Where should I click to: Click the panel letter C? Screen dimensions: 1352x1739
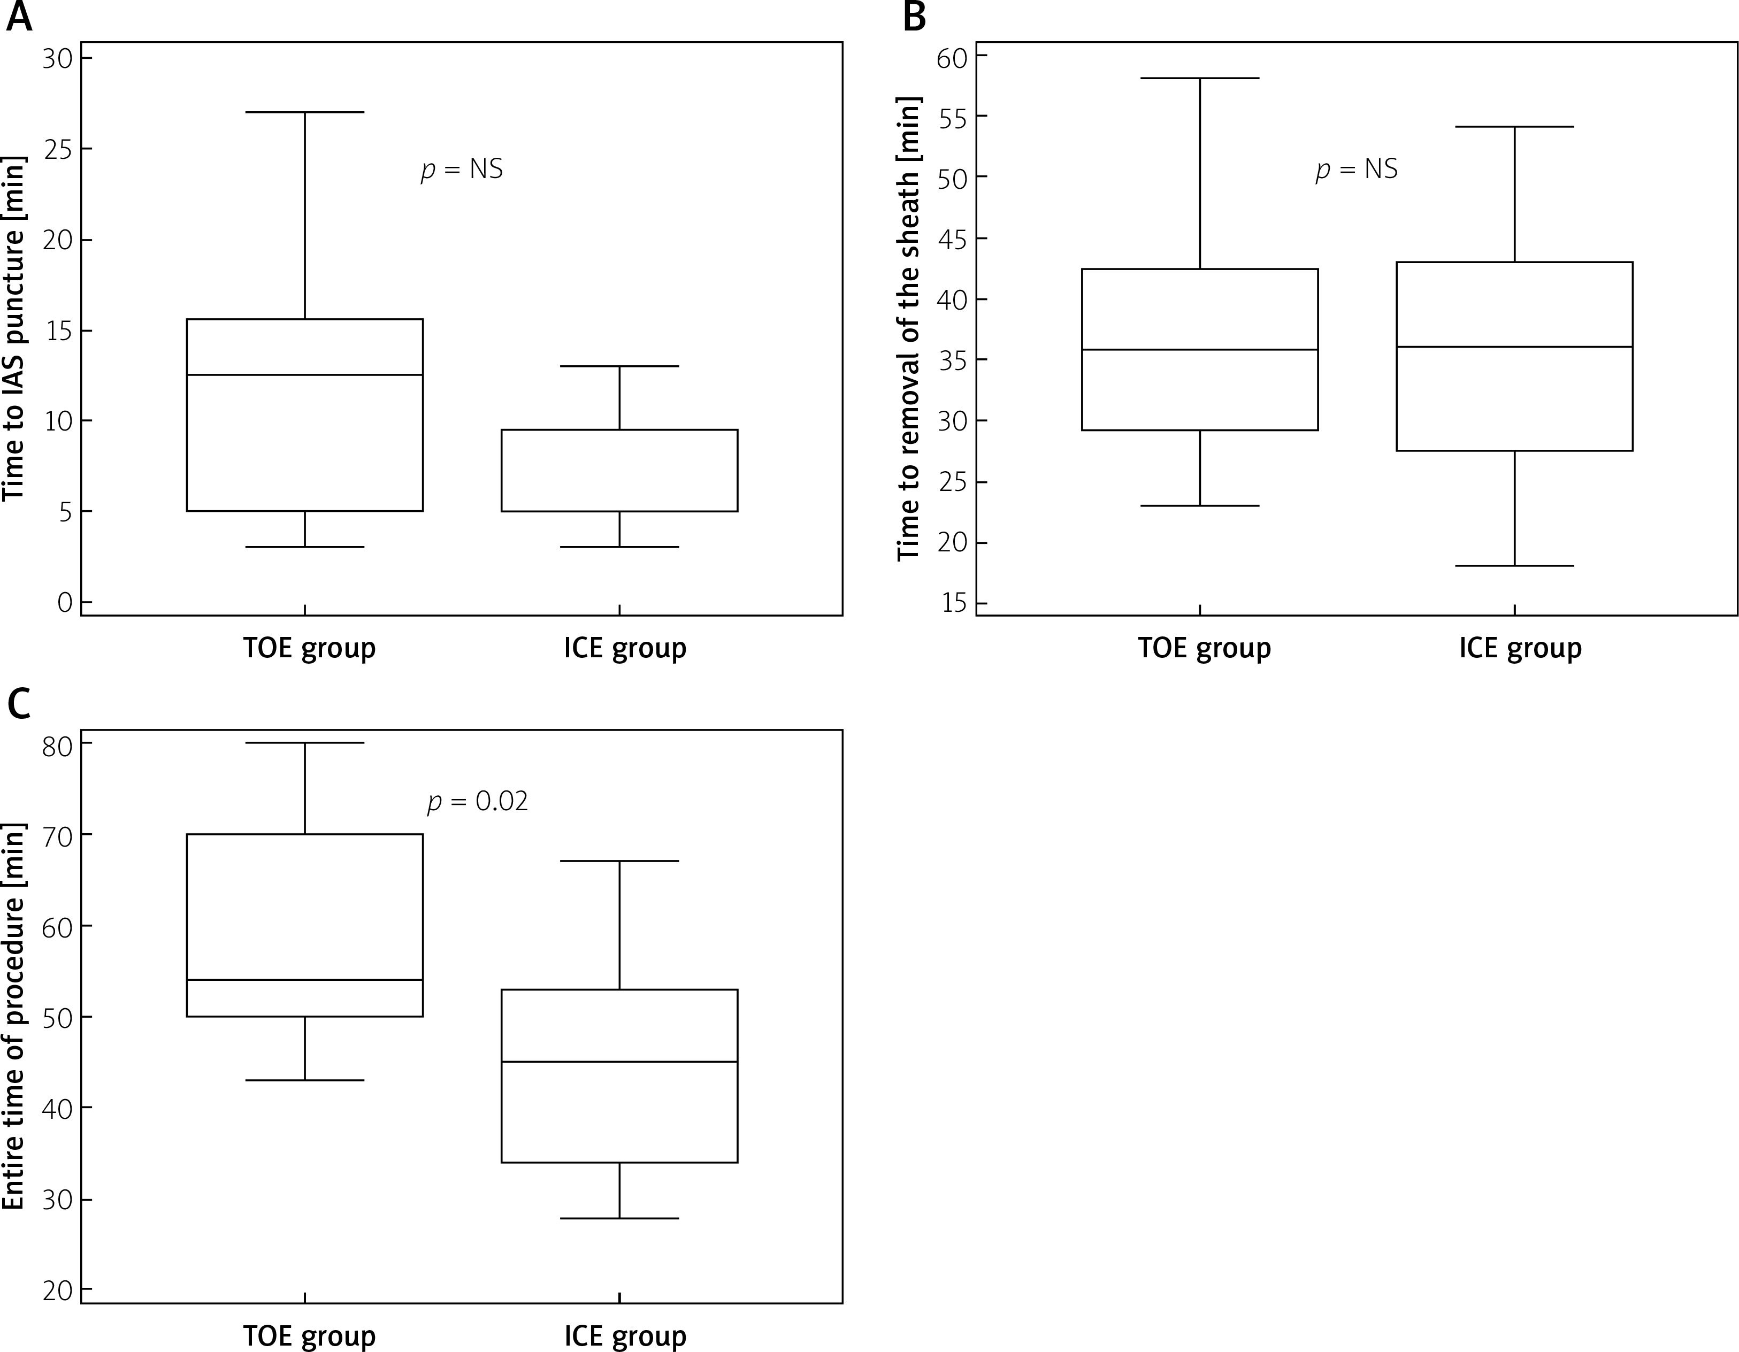pos(19,704)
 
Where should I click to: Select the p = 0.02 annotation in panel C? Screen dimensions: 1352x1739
pos(478,801)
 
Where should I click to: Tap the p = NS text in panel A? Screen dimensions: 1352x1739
pos(462,170)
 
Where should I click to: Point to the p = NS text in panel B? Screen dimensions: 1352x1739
pos(1357,170)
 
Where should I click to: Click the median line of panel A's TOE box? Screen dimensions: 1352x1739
pos(304,374)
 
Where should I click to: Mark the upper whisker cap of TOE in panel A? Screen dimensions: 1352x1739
pos(304,112)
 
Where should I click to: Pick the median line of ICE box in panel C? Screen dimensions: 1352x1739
pos(619,1062)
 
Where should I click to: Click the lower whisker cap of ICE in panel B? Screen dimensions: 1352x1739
pos(1514,565)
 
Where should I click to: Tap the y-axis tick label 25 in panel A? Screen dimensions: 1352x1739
pos(57,149)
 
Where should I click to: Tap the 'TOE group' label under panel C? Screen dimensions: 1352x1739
pos(309,1335)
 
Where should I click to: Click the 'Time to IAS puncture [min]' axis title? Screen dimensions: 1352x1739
pos(14,328)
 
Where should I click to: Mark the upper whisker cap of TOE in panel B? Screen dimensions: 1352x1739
pos(1199,78)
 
